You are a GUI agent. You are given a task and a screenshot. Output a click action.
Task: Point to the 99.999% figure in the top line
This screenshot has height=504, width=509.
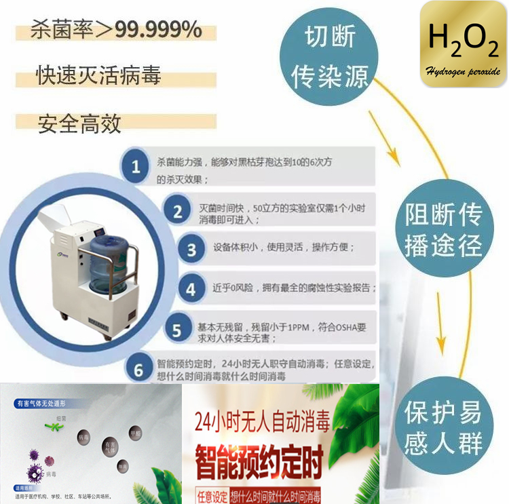click(x=157, y=30)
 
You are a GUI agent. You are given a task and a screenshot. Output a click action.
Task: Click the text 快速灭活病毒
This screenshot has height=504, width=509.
click(x=98, y=75)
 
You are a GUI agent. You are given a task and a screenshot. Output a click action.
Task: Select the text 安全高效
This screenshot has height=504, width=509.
click(x=79, y=123)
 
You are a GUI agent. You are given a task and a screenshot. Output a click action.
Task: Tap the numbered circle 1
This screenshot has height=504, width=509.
click(x=136, y=166)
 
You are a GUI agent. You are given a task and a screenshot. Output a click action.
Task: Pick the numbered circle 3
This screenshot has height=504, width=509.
click(x=191, y=250)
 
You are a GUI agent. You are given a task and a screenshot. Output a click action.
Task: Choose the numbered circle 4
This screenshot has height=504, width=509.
click(x=191, y=290)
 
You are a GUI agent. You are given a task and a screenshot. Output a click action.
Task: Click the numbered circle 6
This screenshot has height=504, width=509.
click(x=138, y=370)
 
